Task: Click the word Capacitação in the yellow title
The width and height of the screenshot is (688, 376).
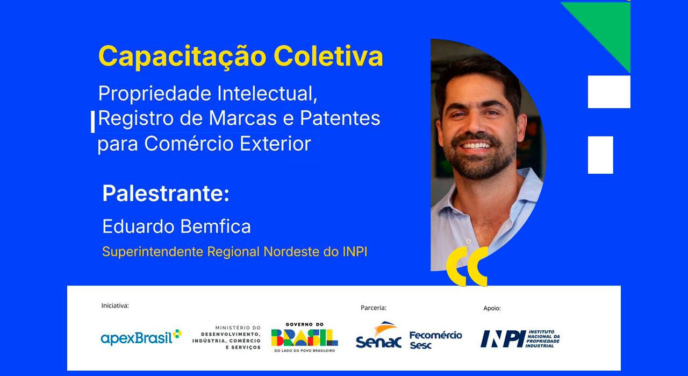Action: [182, 57]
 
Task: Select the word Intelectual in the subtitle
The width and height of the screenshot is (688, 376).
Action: [267, 93]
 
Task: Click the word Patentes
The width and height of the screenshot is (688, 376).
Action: [340, 118]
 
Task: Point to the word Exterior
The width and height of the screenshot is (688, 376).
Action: [275, 144]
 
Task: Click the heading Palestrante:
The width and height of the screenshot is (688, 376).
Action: [166, 193]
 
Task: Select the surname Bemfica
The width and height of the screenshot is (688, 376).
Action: [216, 226]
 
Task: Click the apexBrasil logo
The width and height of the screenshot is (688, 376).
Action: [141, 337]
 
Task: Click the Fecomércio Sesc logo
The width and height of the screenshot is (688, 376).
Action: [435, 340]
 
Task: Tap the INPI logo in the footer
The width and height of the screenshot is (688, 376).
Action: [520, 338]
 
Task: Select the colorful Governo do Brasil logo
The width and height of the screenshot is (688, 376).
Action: [304, 337]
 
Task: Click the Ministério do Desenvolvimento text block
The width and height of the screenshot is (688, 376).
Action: [226, 337]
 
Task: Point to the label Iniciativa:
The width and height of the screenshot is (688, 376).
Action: [115, 306]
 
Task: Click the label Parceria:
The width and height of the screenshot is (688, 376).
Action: [373, 308]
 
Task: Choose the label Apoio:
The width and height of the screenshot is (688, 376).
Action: [492, 308]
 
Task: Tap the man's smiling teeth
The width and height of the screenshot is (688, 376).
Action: [476, 145]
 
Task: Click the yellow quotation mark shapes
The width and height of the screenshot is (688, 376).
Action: [467, 266]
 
